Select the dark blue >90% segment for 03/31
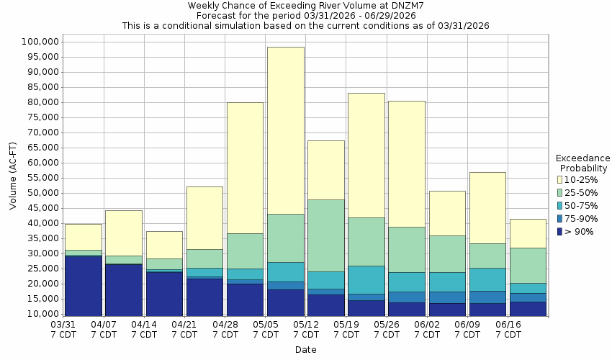pos(83,286)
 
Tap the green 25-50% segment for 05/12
pos(325,235)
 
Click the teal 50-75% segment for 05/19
pos(366,279)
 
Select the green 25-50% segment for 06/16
pos(528,265)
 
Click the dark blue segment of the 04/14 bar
pos(163,294)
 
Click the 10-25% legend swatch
pos(560,179)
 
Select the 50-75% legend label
pos(582,205)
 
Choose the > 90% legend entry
pos(580,231)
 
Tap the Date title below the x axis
pos(305,350)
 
